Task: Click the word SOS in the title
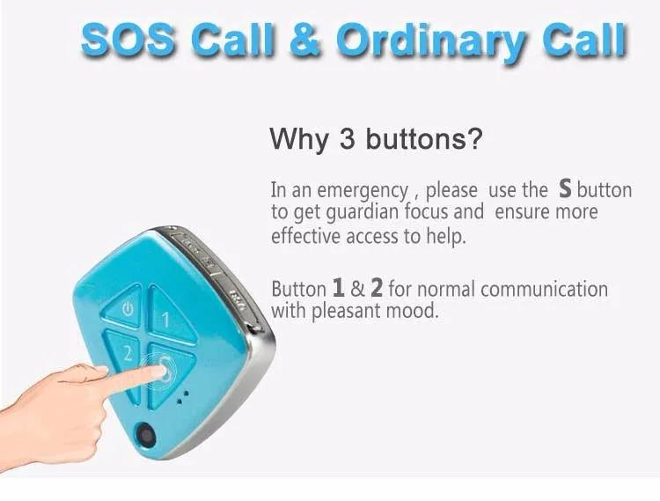pos(128,40)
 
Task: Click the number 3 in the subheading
pos(347,138)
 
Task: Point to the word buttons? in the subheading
pos(423,138)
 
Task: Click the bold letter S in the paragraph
pos(565,188)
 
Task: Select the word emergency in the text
pos(363,191)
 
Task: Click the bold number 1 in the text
pos(338,288)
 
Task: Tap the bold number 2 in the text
pos(377,288)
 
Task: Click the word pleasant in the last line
pos(347,312)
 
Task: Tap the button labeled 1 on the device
pos(170,317)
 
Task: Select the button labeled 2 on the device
pos(125,357)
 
